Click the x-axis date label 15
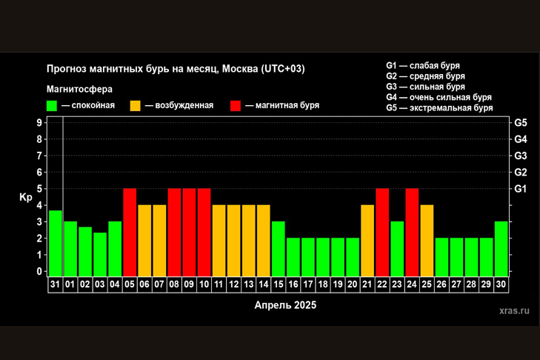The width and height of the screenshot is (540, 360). (279, 284)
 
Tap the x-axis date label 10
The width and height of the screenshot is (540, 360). (204, 284)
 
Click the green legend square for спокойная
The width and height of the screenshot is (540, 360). (52, 105)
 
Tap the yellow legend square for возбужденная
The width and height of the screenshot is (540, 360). (136, 105)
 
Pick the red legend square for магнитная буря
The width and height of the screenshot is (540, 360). (236, 105)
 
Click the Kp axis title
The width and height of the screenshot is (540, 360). (25, 197)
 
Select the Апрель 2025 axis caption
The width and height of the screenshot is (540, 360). (285, 304)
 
